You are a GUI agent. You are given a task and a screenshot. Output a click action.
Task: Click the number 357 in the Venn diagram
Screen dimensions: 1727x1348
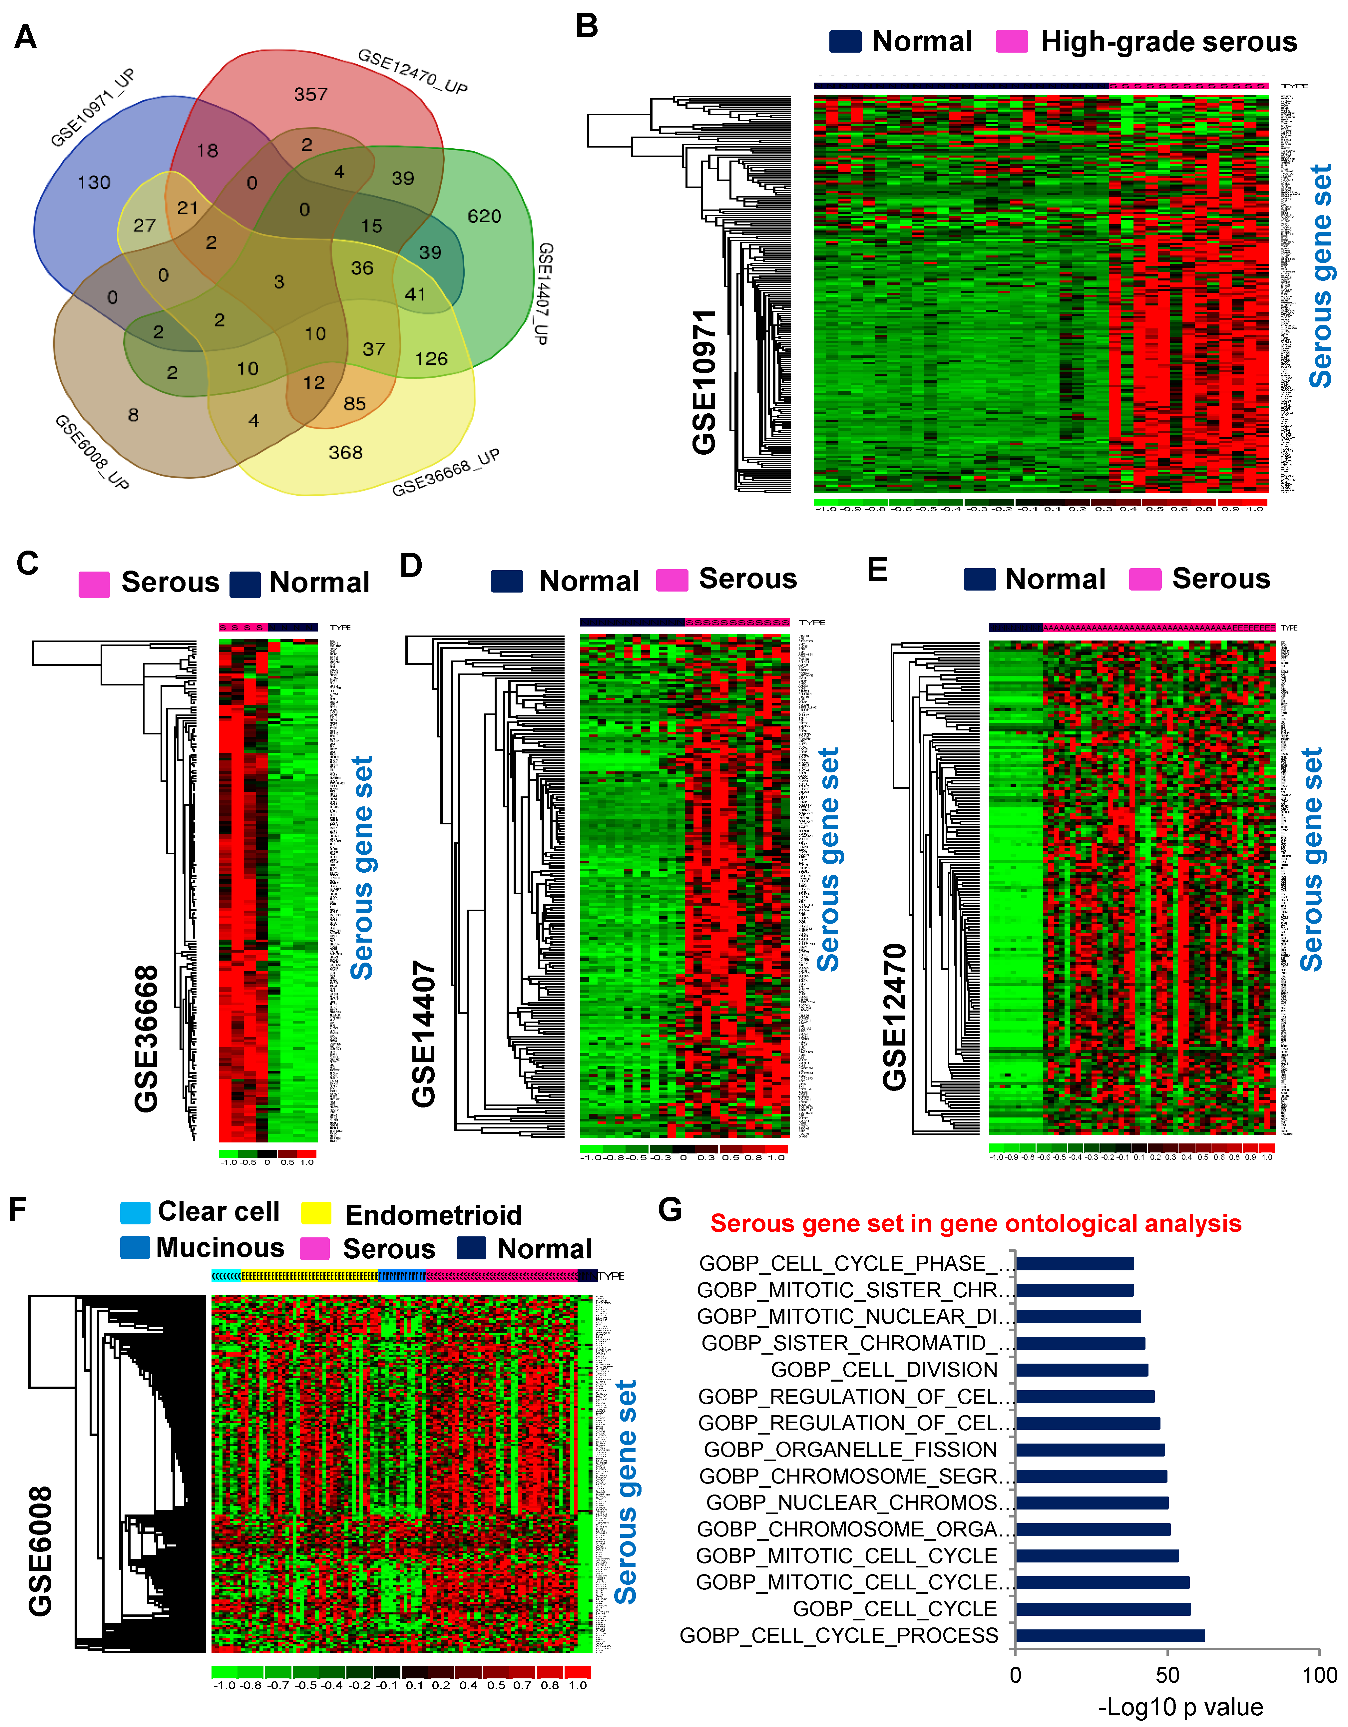point(311,95)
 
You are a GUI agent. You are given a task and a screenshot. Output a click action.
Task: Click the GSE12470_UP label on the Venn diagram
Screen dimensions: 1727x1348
point(413,71)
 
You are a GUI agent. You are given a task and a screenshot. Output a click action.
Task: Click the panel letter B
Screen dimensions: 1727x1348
point(587,26)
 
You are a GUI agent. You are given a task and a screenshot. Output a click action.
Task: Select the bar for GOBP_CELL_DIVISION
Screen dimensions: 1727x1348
point(1082,1370)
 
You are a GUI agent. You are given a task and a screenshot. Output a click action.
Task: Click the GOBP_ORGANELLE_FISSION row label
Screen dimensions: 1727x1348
point(850,1450)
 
